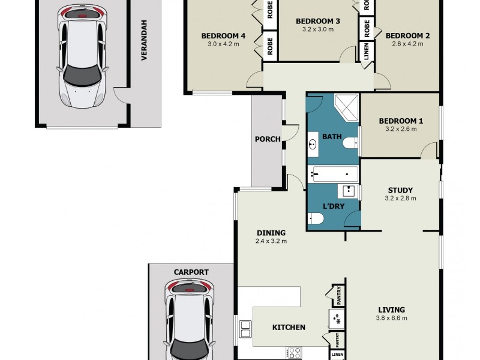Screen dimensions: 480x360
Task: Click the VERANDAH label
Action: coord(144,40)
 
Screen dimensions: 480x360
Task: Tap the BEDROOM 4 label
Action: coord(223,36)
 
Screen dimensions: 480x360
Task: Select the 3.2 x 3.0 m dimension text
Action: coord(318,29)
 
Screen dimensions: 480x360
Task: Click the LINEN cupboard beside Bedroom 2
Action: coord(366,51)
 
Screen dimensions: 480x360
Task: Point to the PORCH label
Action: coord(268,139)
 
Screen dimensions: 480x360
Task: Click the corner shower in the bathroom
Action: coord(346,107)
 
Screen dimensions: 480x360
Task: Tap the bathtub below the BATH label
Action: coord(333,174)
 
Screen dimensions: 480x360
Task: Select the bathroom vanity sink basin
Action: coord(313,144)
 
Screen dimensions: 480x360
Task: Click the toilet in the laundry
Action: coord(316,218)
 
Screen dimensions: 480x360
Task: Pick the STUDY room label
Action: coord(400,190)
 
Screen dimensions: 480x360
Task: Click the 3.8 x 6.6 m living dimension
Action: coord(392,318)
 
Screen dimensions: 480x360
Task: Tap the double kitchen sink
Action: coord(245,329)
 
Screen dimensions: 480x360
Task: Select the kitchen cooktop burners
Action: coord(295,353)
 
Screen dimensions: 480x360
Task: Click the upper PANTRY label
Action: coord(338,296)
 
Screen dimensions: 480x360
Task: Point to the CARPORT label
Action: coord(191,272)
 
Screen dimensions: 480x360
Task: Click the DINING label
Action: coord(271,233)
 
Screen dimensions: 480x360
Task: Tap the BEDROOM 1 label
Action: coord(401,121)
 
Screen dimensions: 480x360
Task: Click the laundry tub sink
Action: coord(349,191)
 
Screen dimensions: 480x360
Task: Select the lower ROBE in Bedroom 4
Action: coord(270,46)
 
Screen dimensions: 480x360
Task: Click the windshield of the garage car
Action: coord(82,76)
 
